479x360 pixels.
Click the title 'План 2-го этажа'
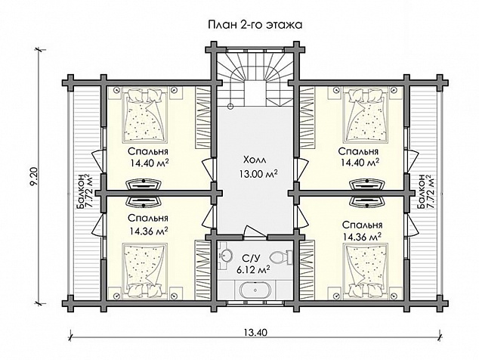[255, 25]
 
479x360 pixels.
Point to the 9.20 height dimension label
[35, 176]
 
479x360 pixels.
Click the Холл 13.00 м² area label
[258, 167]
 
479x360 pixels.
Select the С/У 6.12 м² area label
[253, 265]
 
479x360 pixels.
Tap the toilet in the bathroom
[281, 256]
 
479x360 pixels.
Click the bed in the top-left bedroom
[145, 115]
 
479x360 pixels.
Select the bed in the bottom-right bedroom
[366, 271]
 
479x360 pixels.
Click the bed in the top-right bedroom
[366, 115]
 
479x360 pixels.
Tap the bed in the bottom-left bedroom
[145, 271]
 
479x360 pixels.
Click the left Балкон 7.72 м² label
[85, 192]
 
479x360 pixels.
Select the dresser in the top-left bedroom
[144, 185]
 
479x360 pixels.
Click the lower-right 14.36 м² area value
[362, 237]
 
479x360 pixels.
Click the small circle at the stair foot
[230, 106]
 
